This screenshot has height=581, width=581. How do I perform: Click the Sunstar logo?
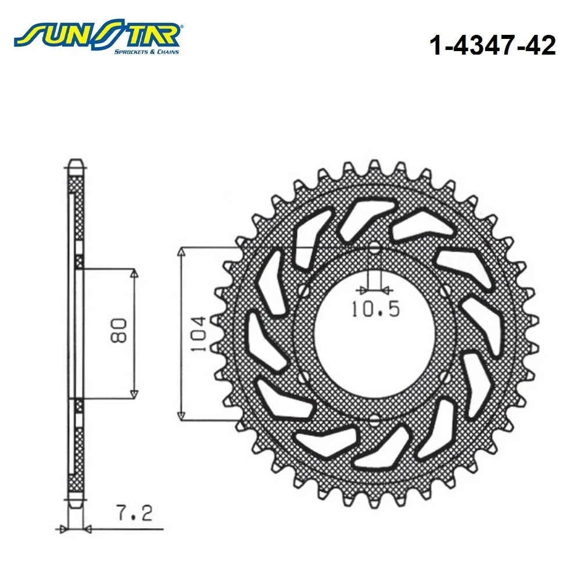(97, 38)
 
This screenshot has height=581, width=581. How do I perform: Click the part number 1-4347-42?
(493, 45)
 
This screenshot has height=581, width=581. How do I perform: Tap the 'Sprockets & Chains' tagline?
(146, 52)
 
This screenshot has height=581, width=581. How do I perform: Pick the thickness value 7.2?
(134, 513)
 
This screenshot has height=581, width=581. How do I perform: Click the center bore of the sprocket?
(375, 334)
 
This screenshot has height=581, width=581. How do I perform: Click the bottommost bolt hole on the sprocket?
(375, 420)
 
